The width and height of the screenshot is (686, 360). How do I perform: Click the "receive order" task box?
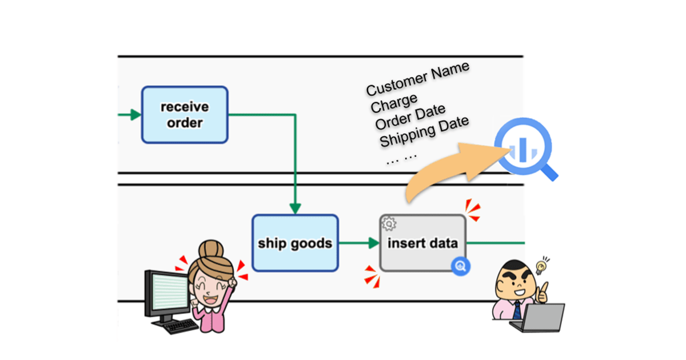pyautogui.click(x=185, y=114)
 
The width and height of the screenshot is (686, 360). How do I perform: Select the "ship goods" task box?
pyautogui.click(x=295, y=243)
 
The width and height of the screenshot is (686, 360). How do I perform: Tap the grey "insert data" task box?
pyautogui.click(x=422, y=243)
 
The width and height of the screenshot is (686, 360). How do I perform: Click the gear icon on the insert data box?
pyautogui.click(x=389, y=223)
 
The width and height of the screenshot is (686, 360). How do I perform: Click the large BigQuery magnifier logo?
pyautogui.click(x=523, y=150)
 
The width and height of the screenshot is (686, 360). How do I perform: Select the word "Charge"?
pyautogui.click(x=394, y=103)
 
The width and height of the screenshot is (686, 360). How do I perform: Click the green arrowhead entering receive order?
pyautogui.click(x=135, y=115)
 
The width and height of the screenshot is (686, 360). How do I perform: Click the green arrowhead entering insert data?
pyautogui.click(x=373, y=243)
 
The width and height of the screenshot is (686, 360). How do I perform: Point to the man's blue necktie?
pyautogui.click(x=516, y=309)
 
